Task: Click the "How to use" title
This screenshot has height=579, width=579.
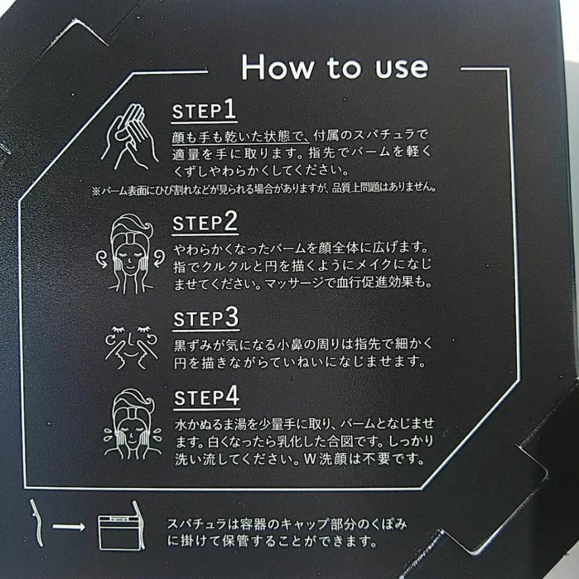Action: [x=335, y=67]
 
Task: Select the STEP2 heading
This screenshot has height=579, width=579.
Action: [x=205, y=222]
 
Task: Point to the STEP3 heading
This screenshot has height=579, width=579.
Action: [x=206, y=318]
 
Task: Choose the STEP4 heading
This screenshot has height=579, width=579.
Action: [x=207, y=397]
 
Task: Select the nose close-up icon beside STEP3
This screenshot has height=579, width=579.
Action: [x=131, y=347]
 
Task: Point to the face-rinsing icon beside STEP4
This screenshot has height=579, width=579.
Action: [x=132, y=425]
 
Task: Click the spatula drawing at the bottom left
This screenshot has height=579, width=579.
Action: [x=37, y=523]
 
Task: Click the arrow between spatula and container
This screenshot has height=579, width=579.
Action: [x=68, y=527]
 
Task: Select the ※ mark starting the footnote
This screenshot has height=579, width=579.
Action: [x=96, y=191]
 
